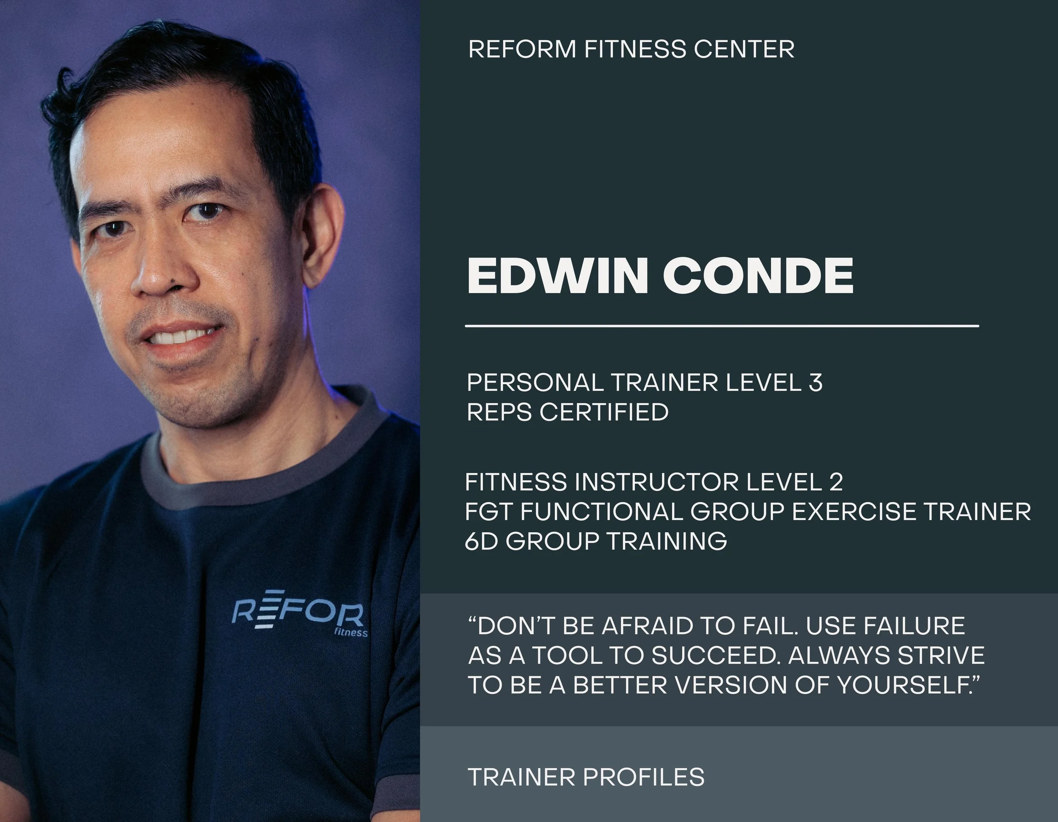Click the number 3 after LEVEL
point(816,383)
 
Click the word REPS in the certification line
point(499,412)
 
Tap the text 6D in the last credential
point(481,541)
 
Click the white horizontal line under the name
point(722,326)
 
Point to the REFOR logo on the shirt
point(298,613)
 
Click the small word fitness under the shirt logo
point(351,633)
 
